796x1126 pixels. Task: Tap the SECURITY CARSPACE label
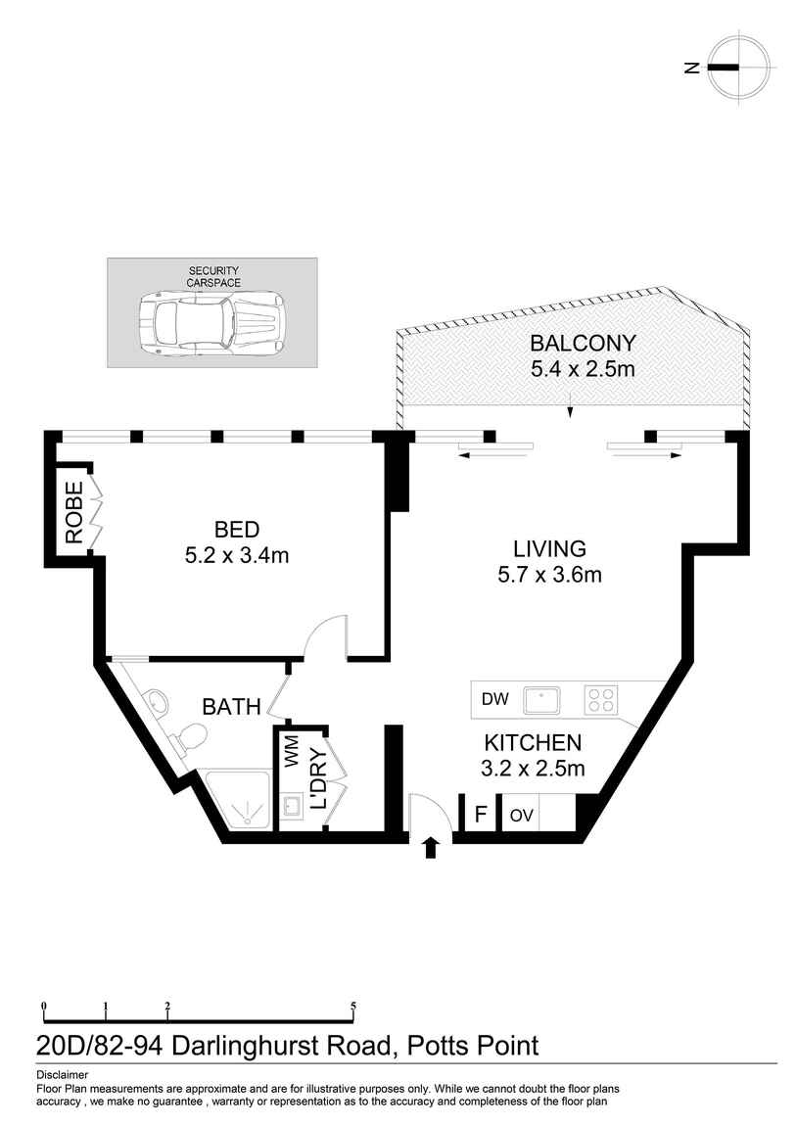pyautogui.click(x=212, y=276)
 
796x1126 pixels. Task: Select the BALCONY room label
pyautogui.click(x=583, y=344)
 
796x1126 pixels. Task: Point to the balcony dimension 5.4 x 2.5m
pyautogui.click(x=583, y=369)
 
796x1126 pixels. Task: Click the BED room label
pyautogui.click(x=236, y=530)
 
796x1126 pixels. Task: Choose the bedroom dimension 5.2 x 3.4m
pyautogui.click(x=236, y=555)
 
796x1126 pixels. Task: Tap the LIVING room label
pyautogui.click(x=549, y=548)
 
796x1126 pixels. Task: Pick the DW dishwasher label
pyautogui.click(x=494, y=699)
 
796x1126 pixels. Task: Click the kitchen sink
pyautogui.click(x=541, y=699)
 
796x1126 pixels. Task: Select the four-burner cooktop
pyautogui.click(x=601, y=699)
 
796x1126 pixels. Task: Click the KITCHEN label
pyautogui.click(x=533, y=743)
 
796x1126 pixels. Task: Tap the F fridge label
pyautogui.click(x=480, y=815)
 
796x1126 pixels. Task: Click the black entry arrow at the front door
pyautogui.click(x=429, y=847)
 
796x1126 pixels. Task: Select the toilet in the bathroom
pyautogui.click(x=189, y=737)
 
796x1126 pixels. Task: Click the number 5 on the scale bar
pyautogui.click(x=352, y=1006)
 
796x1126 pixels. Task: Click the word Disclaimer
pyautogui.click(x=62, y=1074)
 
